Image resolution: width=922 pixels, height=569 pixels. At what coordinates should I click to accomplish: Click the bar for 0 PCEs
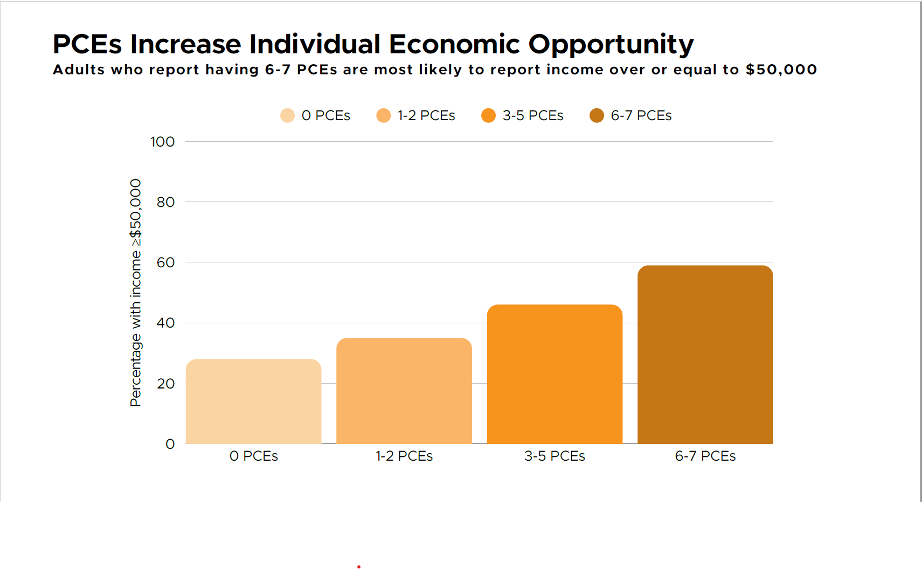[253, 401]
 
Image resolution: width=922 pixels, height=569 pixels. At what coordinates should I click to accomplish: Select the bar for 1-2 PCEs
[404, 391]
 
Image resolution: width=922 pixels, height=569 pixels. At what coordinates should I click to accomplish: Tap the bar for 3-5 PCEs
[554, 374]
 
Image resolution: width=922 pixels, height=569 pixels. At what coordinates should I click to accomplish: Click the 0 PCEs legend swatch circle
[287, 116]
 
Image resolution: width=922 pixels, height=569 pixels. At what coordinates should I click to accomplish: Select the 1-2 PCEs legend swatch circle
[383, 116]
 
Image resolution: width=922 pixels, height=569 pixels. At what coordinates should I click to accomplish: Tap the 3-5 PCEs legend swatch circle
[488, 116]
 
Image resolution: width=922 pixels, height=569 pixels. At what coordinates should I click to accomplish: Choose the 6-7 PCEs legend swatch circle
[597, 116]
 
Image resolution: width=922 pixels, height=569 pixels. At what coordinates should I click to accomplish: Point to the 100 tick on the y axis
[162, 142]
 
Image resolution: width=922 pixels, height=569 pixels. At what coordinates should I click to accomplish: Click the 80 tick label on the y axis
[165, 202]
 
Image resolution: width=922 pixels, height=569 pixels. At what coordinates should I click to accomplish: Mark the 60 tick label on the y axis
[165, 262]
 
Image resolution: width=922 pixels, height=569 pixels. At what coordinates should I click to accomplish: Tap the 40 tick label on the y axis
[165, 323]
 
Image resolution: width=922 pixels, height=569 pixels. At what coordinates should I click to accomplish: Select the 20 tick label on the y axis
[165, 384]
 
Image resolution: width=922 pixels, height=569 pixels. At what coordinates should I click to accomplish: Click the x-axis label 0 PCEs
[253, 456]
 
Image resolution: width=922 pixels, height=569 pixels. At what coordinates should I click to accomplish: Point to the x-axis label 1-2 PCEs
[404, 456]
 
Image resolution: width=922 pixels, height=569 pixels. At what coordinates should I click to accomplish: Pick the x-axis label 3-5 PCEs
[554, 456]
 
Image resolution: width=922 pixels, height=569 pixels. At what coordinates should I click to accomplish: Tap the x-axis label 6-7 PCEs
[705, 456]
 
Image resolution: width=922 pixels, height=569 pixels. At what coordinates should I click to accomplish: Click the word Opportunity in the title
[611, 45]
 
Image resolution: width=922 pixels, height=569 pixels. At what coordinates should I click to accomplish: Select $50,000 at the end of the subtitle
[781, 70]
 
